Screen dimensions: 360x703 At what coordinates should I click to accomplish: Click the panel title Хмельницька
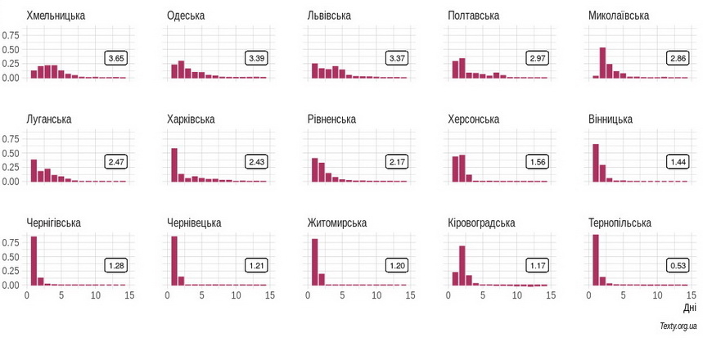click(x=56, y=16)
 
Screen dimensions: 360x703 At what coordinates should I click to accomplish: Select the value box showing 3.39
click(x=256, y=58)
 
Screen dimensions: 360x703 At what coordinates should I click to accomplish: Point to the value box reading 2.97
click(x=538, y=58)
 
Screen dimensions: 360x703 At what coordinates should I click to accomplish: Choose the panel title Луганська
click(x=48, y=119)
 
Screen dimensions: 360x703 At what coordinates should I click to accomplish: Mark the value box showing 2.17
click(x=397, y=162)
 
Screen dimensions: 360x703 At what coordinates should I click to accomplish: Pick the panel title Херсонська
click(x=473, y=119)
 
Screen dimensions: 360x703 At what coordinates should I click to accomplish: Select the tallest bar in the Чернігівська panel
click(x=34, y=261)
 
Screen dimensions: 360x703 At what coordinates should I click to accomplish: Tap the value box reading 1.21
click(x=256, y=265)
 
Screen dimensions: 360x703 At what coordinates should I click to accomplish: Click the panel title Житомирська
click(x=336, y=223)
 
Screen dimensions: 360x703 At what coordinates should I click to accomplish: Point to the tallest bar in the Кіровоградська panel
click(x=462, y=265)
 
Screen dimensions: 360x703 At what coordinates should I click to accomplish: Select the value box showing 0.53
click(x=678, y=265)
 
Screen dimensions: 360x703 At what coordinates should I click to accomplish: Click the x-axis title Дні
click(x=689, y=308)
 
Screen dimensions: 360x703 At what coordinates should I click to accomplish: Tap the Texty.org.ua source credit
click(x=678, y=326)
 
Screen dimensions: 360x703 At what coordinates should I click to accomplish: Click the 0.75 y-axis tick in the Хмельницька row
click(x=11, y=35)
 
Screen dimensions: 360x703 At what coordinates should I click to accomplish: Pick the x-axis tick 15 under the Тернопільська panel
click(x=692, y=295)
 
